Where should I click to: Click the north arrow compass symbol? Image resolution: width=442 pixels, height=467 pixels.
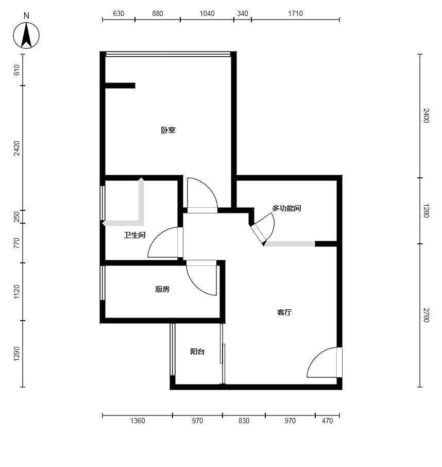(x=26, y=36)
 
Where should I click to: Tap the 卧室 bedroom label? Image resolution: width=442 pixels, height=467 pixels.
(x=168, y=130)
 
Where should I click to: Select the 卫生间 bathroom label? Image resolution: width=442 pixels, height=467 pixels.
(x=134, y=235)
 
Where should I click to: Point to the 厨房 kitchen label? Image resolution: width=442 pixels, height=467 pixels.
(x=162, y=289)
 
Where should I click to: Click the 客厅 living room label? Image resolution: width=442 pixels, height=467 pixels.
(x=284, y=312)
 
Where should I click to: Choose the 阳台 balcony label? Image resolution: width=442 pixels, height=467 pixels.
(x=197, y=352)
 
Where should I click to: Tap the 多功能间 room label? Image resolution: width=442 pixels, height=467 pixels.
(x=286, y=208)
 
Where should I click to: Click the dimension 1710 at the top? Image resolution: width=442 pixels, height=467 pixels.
(x=295, y=13)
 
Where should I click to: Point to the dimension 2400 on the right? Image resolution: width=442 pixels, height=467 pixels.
(x=426, y=115)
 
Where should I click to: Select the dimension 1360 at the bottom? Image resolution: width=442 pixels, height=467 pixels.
(x=138, y=421)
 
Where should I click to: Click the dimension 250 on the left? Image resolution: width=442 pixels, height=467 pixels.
(x=16, y=216)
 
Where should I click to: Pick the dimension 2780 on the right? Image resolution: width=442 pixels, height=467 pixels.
(x=426, y=315)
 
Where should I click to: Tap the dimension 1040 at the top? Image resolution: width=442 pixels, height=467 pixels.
(x=207, y=13)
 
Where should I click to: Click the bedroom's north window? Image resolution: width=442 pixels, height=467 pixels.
(x=168, y=54)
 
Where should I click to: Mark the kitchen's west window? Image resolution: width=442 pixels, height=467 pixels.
(x=103, y=282)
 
